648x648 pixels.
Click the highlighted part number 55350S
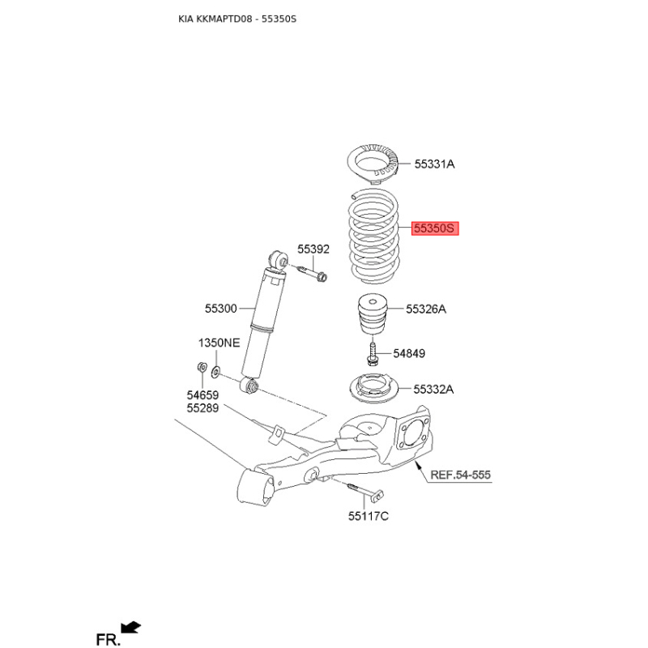pyautogui.click(x=435, y=228)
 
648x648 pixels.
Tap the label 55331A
pyautogui.click(x=434, y=164)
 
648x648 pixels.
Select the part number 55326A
pyautogui.click(x=426, y=309)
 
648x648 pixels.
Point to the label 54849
pyautogui.click(x=409, y=353)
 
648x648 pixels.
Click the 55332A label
pyautogui.click(x=433, y=390)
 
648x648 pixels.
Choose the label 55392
pyautogui.click(x=313, y=249)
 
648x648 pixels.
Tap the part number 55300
pyautogui.click(x=220, y=309)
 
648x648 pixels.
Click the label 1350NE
pyautogui.click(x=219, y=343)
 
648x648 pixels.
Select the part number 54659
pyautogui.click(x=202, y=395)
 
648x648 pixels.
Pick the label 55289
pyautogui.click(x=202, y=408)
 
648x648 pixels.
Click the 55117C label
pyautogui.click(x=369, y=516)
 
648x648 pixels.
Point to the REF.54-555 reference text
pyautogui.click(x=460, y=475)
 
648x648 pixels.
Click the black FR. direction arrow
pyautogui.click(x=131, y=628)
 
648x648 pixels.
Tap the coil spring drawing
pyautogui.click(x=374, y=237)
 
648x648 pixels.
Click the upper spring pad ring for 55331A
pyautogui.click(x=373, y=164)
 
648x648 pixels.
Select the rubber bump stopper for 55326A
pyautogui.click(x=373, y=313)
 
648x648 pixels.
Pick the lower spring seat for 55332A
pyautogui.click(x=373, y=389)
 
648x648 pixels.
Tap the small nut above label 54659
pyautogui.click(x=202, y=367)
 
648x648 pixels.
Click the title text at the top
pyautogui.click(x=237, y=19)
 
